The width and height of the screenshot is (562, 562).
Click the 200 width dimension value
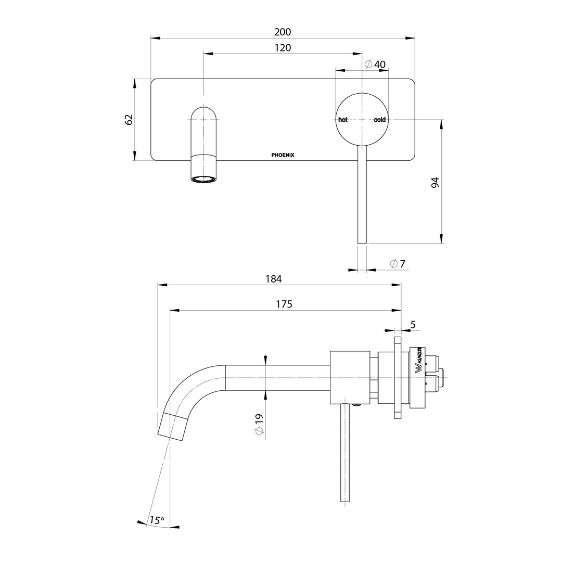point(283,32)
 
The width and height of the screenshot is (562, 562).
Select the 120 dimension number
point(283,47)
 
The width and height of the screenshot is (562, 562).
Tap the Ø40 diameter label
point(375,64)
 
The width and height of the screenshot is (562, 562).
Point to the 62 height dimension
point(130,119)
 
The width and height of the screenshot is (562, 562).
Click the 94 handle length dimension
point(435,182)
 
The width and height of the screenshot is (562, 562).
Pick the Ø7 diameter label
point(398,264)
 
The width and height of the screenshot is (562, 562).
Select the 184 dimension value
point(273,279)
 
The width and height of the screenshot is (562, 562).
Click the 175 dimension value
point(284,304)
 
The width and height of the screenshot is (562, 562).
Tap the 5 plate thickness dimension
point(413,324)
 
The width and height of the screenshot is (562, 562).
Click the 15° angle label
point(157,520)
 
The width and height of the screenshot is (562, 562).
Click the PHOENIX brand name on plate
point(283,155)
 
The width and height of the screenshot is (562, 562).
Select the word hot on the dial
point(343,120)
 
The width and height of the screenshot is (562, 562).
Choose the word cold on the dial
point(380,120)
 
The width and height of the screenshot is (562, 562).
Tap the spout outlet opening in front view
point(203,179)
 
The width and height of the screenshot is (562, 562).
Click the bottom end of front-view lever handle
point(362,240)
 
